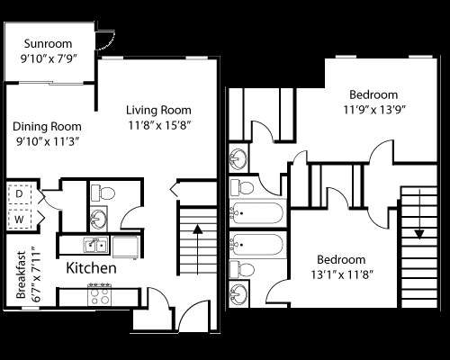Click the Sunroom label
click(x=48, y=42)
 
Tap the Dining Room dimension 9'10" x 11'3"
click(x=48, y=141)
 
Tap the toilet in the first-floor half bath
click(x=101, y=191)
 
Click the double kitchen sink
click(x=94, y=244)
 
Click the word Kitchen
click(x=91, y=268)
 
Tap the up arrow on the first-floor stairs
click(x=196, y=240)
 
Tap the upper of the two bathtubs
click(x=257, y=214)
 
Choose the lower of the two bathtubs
click(x=257, y=243)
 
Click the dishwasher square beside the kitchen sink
click(x=124, y=244)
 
